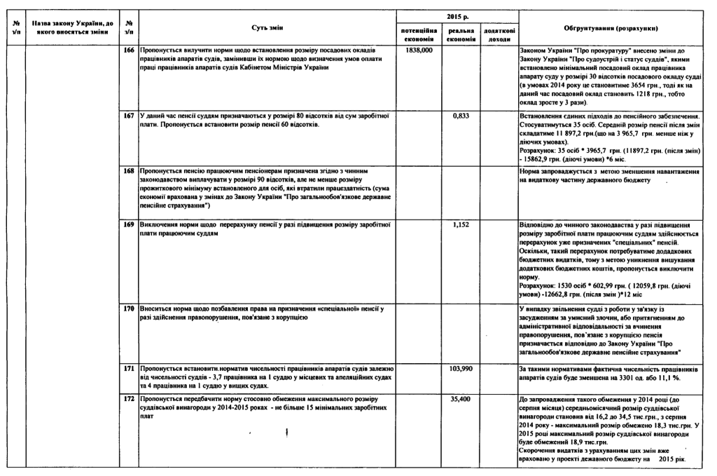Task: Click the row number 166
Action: [128, 51]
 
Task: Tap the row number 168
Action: [128, 170]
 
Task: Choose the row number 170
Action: [128, 309]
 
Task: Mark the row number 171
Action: [128, 368]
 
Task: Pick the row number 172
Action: [128, 399]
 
